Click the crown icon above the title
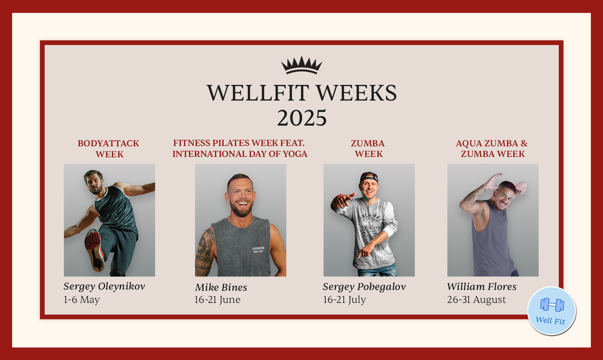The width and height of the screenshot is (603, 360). (301, 65)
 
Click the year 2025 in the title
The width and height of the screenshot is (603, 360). (301, 118)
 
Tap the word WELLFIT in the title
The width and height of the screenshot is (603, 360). (258, 93)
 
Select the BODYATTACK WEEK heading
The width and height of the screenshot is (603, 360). (109, 149)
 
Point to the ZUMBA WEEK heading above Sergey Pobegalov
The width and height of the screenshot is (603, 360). (368, 149)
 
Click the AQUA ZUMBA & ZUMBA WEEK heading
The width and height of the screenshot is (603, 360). (492, 149)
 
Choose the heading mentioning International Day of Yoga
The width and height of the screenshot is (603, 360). (240, 149)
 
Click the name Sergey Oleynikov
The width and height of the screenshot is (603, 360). (104, 286)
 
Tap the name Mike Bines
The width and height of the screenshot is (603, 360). (221, 288)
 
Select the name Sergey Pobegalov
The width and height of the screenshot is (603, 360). (364, 287)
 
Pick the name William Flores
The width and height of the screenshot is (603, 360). (482, 287)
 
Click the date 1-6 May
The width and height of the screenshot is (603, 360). (81, 300)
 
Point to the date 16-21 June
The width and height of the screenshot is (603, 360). (217, 300)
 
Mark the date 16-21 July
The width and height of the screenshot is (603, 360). (344, 300)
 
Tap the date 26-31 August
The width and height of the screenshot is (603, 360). (477, 300)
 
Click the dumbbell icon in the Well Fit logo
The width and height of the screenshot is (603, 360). (552, 305)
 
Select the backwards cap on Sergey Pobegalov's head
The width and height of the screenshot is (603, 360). (369, 177)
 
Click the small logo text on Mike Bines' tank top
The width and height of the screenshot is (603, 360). (258, 249)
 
